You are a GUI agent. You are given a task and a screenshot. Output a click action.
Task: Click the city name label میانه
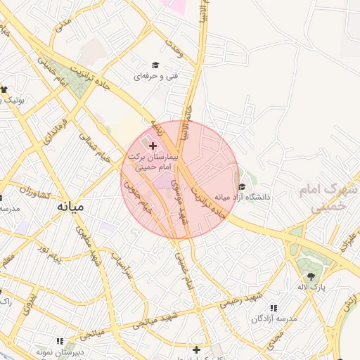[x=70, y=207]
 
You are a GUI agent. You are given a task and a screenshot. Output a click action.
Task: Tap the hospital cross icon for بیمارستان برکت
[x=153, y=145]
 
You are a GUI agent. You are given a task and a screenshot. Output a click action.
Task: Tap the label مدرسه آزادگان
[x=272, y=319]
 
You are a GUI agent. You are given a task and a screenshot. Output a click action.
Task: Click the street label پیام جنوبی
[x=137, y=197]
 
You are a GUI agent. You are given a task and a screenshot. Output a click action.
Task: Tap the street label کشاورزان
[x=36, y=191]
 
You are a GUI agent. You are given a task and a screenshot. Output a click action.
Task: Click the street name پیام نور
[x=50, y=254]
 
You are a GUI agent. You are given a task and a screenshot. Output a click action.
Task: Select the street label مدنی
[x=63, y=24]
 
